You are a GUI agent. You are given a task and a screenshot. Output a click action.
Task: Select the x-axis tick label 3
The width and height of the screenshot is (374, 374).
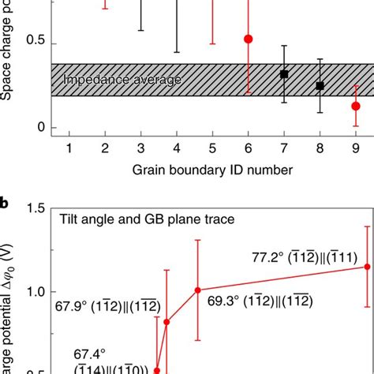[140, 148]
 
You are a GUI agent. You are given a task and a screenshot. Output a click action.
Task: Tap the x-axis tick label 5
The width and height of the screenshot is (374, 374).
[212, 148]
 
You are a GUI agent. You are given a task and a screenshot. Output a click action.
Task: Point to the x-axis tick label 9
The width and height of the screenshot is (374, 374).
[356, 148]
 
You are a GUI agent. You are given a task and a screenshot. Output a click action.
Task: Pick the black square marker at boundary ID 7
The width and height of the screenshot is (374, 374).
[284, 74]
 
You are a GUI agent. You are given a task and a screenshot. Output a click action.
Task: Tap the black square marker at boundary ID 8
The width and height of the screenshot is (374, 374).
[320, 85]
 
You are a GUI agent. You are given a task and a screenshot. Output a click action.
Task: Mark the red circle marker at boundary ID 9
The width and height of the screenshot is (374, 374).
[356, 106]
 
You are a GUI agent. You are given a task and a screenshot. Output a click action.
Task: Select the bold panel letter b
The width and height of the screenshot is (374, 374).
[5, 204]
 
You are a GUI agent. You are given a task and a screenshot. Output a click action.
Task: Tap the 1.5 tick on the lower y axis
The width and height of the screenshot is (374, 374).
[34, 209]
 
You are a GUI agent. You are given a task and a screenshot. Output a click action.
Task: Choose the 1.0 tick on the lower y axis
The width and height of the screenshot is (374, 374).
[34, 292]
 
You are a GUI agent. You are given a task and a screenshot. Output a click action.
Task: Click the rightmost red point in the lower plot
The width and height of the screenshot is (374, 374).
[345, 267]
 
